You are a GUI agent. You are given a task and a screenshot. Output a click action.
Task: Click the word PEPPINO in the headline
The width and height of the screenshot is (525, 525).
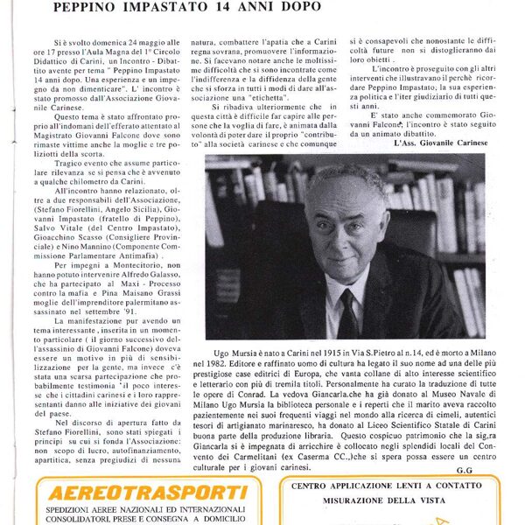pos(86,8)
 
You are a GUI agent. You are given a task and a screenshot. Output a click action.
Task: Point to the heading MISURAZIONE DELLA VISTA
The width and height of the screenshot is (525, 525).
pos(388,500)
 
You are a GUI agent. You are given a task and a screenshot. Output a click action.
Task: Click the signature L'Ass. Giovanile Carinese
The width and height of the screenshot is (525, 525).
pos(439,143)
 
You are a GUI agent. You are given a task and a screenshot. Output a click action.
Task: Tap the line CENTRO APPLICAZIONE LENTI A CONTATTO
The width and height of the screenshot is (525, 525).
pos(388,485)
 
